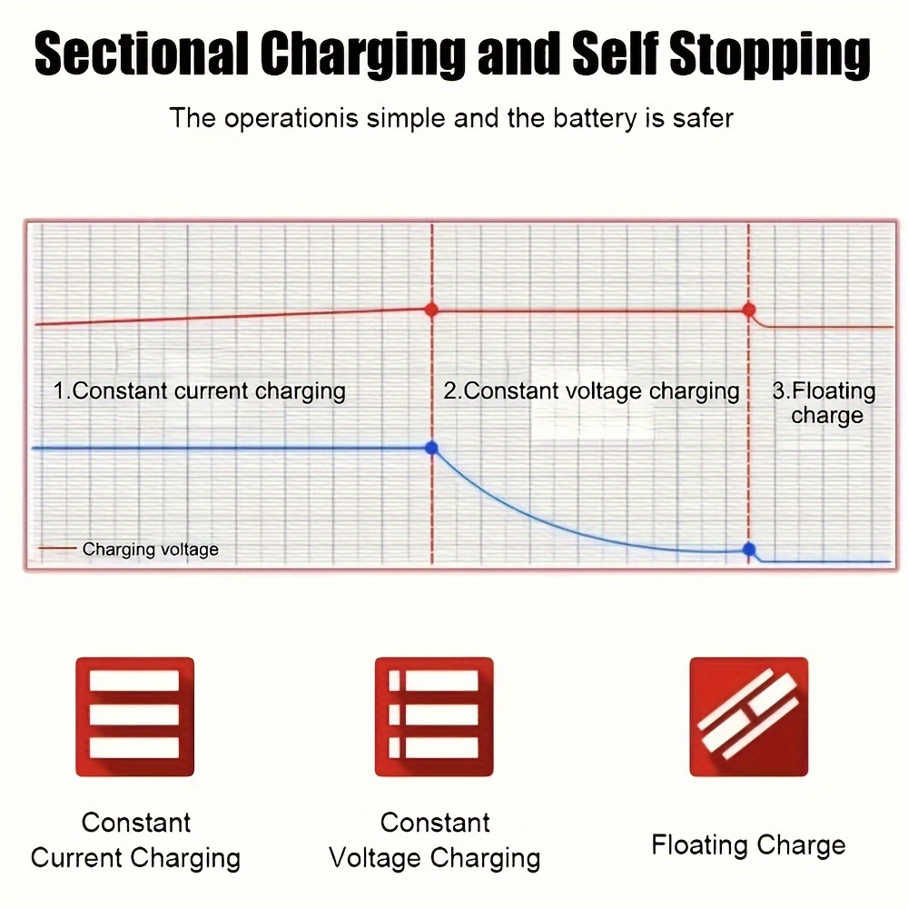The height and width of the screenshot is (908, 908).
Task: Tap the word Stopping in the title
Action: pos(770,56)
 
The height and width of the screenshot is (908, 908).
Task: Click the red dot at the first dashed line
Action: pos(431,310)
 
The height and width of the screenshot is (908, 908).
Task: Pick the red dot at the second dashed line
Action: pos(749,310)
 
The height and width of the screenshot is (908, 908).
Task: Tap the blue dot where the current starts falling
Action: pos(431,448)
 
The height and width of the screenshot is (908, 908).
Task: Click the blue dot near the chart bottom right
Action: pos(749,549)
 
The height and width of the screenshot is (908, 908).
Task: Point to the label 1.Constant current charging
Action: pos(199,391)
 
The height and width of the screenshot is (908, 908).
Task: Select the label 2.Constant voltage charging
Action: pos(591,391)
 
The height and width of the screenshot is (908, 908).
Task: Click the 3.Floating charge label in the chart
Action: pos(824,403)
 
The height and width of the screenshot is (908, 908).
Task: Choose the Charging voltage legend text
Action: pos(151,549)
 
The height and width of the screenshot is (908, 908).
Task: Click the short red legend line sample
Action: pos(57,548)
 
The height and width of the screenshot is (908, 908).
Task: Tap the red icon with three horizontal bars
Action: pos(135,716)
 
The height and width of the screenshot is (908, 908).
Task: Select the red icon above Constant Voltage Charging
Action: pos(434,716)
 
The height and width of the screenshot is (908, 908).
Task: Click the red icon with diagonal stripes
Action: pos(749,716)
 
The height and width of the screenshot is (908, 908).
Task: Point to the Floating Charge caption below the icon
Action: pos(749,845)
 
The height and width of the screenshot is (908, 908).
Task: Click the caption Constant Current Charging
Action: pos(135,841)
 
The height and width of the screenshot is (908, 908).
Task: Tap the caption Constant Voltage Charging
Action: pos(435,841)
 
